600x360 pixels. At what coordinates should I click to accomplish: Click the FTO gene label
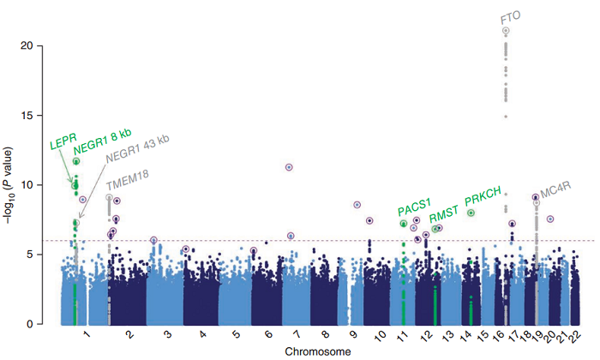tap(511, 18)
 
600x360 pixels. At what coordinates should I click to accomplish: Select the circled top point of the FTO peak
tap(506, 31)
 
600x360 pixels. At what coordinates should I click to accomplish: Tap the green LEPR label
tap(63, 141)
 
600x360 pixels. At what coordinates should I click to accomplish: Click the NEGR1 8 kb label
tap(103, 141)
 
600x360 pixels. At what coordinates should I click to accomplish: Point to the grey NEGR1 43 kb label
tap(137, 148)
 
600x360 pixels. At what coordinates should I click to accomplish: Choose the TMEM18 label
tap(128, 180)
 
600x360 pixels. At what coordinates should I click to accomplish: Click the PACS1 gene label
tap(414, 207)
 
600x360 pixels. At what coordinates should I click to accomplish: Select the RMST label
tap(443, 214)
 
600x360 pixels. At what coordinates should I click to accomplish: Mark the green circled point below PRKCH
tap(471, 213)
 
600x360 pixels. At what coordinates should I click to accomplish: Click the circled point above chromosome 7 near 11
tap(289, 167)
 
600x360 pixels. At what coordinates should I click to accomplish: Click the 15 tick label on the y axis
tap(26, 116)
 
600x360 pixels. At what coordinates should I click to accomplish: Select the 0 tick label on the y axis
tap(29, 324)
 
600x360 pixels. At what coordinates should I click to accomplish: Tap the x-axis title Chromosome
tap(318, 351)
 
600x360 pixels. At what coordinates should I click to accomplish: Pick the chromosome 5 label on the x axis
tap(237, 334)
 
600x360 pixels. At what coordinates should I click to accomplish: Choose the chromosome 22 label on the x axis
tap(575, 336)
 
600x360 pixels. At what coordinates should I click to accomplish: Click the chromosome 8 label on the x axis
tap(325, 334)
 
